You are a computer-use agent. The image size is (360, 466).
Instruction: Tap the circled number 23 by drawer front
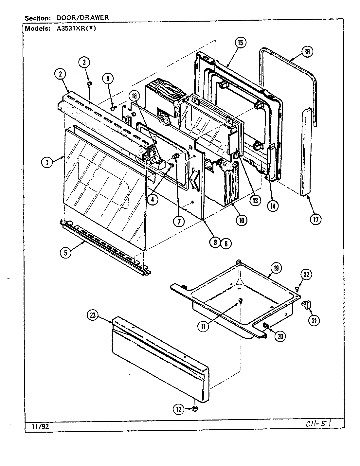click(93, 315)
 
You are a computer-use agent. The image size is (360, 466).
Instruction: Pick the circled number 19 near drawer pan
click(276, 268)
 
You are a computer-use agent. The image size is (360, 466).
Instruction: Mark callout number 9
click(108, 78)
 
